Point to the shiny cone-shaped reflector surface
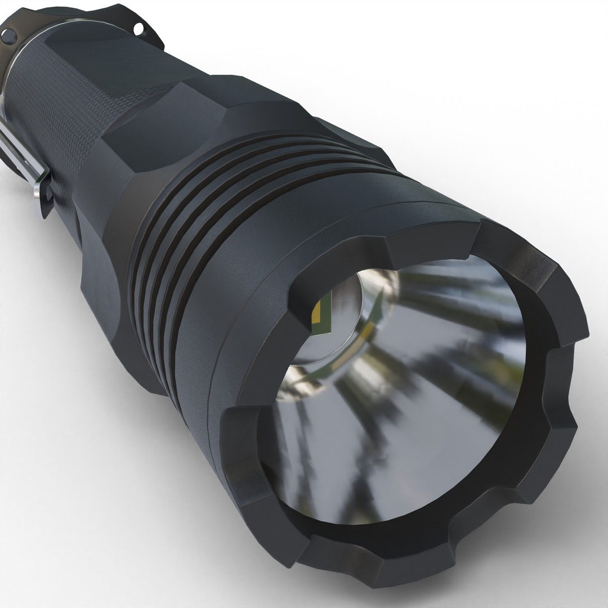point(428,394)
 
